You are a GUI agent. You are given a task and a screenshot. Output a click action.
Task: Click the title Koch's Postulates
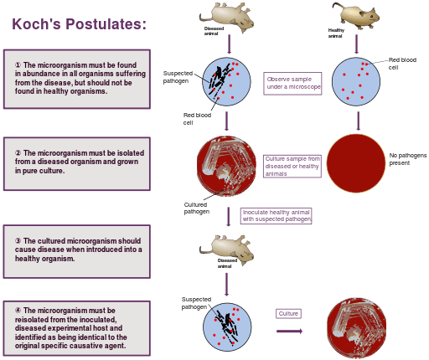coord(79,24)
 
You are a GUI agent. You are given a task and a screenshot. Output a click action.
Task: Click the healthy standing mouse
coord(355,15)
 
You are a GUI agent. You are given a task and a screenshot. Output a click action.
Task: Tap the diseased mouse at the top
coord(227,17)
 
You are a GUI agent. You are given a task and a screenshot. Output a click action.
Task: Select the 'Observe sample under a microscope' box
coord(292,84)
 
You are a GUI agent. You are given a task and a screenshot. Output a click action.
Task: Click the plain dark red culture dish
coord(356,163)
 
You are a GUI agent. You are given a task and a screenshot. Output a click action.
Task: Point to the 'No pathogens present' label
coord(408,159)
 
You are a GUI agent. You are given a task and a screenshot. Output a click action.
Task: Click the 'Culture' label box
coord(288,313)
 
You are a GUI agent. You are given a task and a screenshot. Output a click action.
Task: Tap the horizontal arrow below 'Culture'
coord(289,332)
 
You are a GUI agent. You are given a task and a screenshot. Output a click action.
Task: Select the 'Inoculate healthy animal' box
coord(277,216)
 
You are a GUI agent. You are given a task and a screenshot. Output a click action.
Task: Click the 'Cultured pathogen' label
coord(197,208)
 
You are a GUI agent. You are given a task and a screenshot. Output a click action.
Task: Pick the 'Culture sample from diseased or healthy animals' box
coord(292,167)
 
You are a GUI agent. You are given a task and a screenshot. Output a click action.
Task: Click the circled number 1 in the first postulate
coord(18,65)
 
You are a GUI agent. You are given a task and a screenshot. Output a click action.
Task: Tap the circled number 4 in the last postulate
coord(18,311)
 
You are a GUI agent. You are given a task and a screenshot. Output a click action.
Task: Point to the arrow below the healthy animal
coord(356,44)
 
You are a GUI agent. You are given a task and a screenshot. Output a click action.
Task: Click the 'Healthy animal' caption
coord(336,33)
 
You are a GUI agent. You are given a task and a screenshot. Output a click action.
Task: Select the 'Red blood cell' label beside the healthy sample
coord(402,64)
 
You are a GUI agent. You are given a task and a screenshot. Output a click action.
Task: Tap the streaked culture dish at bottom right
coord(357,328)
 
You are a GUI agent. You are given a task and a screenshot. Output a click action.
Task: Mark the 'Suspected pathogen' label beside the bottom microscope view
coord(196,303)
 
